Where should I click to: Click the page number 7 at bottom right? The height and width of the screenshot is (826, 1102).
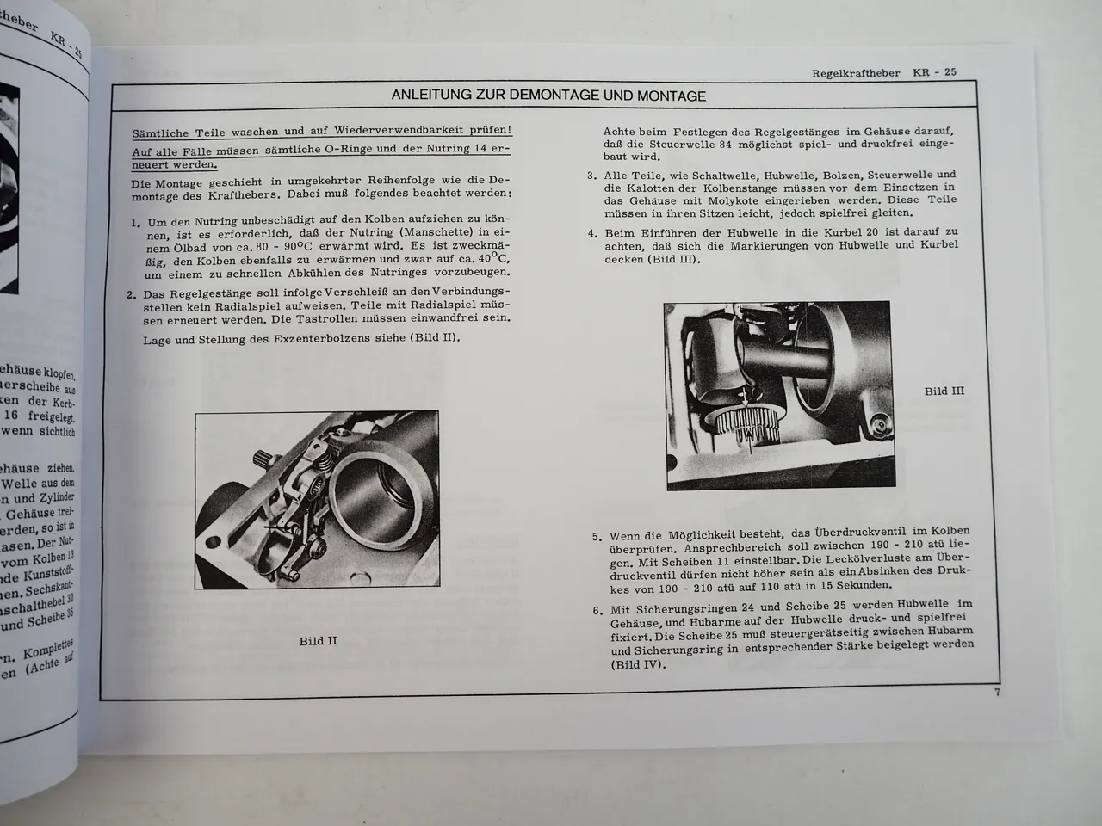point(997,693)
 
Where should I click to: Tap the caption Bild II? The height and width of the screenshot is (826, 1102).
point(318,640)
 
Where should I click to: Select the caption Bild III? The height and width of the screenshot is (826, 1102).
point(944,391)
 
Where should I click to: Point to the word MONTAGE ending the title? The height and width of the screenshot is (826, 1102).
point(667,96)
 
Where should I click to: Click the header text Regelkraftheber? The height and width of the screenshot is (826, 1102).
point(857,72)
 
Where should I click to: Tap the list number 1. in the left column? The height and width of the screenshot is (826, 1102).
point(136,223)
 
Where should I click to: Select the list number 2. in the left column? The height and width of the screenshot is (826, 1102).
point(132,296)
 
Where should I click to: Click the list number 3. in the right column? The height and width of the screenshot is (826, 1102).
point(592,176)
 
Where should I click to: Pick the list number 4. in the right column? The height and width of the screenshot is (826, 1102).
point(592,233)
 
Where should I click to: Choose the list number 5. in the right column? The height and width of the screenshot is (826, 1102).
point(597,537)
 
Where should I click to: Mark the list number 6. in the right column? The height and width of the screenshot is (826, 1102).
point(597,611)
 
